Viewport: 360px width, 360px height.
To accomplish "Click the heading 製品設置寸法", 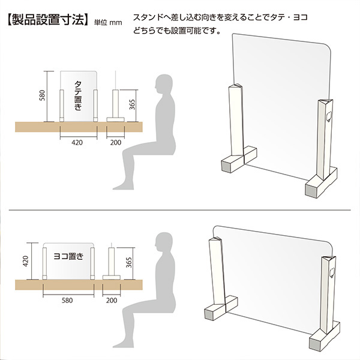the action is point(48,20).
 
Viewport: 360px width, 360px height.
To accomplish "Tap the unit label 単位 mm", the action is point(108,23).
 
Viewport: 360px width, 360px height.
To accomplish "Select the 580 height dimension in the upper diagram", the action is point(42,95).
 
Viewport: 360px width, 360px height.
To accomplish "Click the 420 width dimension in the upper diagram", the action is point(77,143).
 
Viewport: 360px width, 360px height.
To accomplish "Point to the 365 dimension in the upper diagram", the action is point(132,104).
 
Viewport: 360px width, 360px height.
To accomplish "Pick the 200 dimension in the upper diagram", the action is point(115,143).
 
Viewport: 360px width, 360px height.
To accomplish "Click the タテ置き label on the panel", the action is point(78,96).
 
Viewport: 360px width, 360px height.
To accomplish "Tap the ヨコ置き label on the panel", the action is point(68,256).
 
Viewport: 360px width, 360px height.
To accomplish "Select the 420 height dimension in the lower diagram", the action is point(25,261).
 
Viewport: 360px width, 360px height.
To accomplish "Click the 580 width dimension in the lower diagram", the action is point(67,301).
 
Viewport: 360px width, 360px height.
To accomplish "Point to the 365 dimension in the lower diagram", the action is point(129,262).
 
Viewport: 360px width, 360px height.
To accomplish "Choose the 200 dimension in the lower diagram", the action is point(112,301).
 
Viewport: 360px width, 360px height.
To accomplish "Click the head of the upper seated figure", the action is point(164,84).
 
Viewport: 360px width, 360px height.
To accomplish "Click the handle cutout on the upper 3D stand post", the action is point(328,116).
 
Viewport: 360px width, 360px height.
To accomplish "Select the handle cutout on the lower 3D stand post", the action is point(332,272).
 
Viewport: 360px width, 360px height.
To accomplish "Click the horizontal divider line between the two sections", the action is point(180,210).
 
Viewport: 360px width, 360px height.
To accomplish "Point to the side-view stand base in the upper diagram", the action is point(115,119).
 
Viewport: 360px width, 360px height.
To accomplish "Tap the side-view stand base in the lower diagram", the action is point(112,278).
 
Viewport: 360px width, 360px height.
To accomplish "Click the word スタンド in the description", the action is point(149,17).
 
